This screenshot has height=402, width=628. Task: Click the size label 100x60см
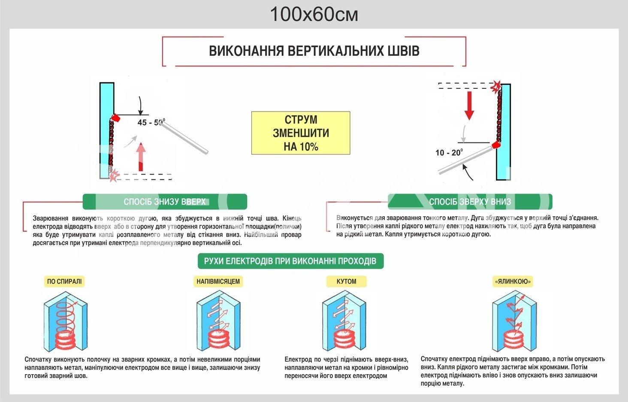(x=314, y=15)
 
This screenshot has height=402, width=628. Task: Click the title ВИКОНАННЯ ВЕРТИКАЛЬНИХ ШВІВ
(x=314, y=51)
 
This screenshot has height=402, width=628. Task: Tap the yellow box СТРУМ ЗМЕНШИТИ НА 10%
(x=301, y=133)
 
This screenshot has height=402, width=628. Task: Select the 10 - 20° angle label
(x=449, y=153)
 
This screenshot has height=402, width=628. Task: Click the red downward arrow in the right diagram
(x=469, y=105)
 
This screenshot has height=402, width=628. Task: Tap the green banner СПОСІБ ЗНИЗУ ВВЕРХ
(x=165, y=202)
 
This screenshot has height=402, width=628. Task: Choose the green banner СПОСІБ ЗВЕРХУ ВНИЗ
(x=470, y=202)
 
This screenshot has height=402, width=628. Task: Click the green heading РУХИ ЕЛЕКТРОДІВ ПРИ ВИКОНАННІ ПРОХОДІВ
(x=290, y=261)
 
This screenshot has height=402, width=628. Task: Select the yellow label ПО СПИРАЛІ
(x=64, y=281)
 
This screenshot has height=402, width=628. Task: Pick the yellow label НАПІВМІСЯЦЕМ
(x=218, y=281)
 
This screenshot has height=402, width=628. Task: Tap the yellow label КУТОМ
(x=346, y=281)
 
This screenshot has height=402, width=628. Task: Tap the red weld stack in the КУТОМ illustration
(x=344, y=339)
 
